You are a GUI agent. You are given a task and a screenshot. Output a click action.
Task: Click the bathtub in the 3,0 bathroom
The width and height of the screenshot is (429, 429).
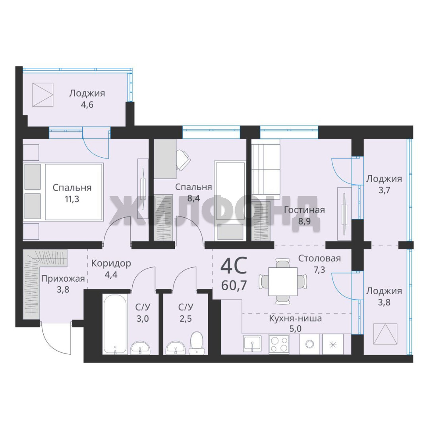[x=115, y=324]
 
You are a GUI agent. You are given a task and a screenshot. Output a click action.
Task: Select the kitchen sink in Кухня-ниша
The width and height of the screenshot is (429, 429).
[x=252, y=344]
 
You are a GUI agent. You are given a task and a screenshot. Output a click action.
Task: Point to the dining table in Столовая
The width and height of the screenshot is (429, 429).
[x=283, y=282]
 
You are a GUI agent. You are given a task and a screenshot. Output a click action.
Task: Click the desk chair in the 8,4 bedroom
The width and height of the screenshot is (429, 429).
[x=182, y=160]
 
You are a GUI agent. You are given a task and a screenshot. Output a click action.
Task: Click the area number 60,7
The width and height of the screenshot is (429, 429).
[x=234, y=285]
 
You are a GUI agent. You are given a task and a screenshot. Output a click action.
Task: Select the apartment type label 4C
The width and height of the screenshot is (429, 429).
[x=234, y=266]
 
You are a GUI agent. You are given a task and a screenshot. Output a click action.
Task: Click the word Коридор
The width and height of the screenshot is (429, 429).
[x=111, y=263]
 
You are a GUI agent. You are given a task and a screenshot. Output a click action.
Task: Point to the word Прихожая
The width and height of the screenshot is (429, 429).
[x=63, y=279]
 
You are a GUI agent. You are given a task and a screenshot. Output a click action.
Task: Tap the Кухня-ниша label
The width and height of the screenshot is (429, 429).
[x=296, y=319]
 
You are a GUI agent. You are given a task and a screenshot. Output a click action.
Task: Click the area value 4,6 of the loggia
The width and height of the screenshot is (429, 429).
[x=87, y=104]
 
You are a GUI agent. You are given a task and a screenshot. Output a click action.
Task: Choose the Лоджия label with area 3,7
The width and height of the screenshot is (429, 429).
[x=384, y=179]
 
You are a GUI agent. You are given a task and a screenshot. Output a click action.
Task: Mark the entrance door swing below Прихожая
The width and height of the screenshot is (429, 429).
[x=56, y=339]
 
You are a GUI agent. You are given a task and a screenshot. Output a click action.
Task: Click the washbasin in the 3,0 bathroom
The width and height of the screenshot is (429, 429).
[x=140, y=348]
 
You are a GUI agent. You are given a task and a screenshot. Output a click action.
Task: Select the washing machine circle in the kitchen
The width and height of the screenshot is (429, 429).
[x=310, y=344]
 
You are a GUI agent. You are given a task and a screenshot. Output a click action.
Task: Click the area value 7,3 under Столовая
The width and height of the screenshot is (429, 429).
[x=319, y=270]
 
